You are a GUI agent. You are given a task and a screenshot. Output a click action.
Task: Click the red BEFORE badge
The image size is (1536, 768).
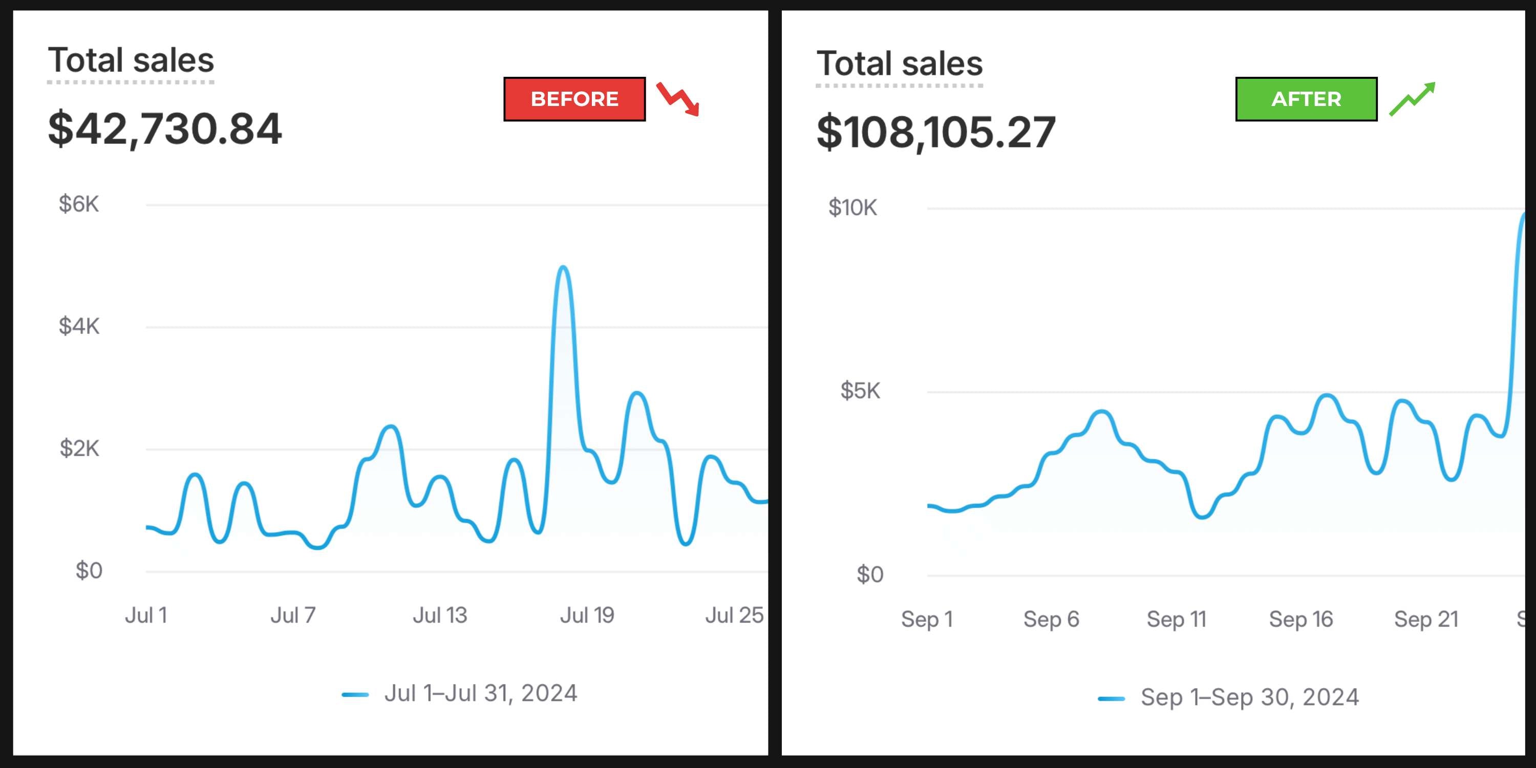click(x=574, y=99)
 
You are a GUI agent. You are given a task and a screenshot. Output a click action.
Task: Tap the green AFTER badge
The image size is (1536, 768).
click(x=1306, y=99)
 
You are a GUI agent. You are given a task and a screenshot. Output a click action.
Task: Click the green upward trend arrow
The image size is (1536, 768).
click(x=1412, y=99)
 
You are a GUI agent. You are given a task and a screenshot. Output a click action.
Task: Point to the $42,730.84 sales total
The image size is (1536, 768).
click(x=164, y=129)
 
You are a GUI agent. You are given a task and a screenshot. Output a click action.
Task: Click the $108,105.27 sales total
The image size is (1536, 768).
click(x=935, y=133)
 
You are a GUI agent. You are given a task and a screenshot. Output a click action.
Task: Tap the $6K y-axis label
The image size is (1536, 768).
click(x=79, y=204)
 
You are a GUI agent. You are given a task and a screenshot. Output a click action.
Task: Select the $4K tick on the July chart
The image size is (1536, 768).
click(x=79, y=326)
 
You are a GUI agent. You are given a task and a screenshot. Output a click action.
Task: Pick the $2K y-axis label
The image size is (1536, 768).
click(x=79, y=449)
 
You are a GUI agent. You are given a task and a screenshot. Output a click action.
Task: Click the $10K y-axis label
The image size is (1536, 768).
click(x=852, y=207)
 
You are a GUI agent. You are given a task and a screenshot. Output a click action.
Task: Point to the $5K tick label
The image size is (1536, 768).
click(x=860, y=391)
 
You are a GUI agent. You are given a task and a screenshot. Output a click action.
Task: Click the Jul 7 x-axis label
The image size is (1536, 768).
click(x=293, y=615)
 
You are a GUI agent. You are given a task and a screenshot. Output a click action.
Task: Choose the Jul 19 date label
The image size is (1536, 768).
click(x=587, y=615)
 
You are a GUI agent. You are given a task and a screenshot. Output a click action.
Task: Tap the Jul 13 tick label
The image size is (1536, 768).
click(x=440, y=615)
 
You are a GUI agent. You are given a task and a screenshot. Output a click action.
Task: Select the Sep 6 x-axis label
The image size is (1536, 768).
click(x=1051, y=620)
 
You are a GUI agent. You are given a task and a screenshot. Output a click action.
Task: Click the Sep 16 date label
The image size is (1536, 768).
click(x=1300, y=620)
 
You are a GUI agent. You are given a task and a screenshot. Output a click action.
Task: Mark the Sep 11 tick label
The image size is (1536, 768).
click(x=1177, y=620)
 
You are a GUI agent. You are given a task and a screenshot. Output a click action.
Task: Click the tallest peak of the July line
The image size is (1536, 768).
click(x=563, y=268)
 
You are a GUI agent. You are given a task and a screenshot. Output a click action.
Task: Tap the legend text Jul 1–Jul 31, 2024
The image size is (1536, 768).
click(x=481, y=693)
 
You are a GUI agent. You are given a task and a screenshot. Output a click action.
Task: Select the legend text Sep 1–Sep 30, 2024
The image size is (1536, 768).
click(x=1250, y=697)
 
